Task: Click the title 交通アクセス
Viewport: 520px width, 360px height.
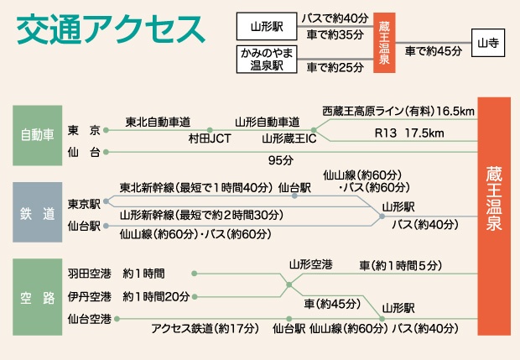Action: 111,29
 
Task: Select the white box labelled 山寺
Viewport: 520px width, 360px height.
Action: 488,43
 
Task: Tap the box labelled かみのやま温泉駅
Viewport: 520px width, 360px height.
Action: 267,60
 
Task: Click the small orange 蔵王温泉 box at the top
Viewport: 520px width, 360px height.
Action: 384,43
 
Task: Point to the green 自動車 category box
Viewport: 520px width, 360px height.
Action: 38,135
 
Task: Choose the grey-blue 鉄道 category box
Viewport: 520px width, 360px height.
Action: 38,212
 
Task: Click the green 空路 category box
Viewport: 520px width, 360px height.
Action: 38,297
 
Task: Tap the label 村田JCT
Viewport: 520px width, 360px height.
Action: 210,138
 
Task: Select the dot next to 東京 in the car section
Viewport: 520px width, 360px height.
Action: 106,130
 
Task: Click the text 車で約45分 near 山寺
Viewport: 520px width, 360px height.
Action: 434,51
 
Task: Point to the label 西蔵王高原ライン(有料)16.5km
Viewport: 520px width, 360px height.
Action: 398,111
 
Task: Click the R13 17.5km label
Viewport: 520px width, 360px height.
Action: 409,133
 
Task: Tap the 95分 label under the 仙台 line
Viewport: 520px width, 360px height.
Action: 281,160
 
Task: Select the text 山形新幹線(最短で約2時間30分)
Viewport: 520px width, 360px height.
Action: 201,215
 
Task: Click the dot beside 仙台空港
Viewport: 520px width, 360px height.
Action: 117,319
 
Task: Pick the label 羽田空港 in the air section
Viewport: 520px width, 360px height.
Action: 89,274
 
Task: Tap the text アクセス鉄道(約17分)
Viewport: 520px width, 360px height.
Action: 205,329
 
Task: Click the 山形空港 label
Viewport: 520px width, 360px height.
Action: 310,265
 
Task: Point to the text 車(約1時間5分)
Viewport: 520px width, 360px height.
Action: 401,265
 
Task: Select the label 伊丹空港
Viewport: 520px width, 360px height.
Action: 89,296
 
